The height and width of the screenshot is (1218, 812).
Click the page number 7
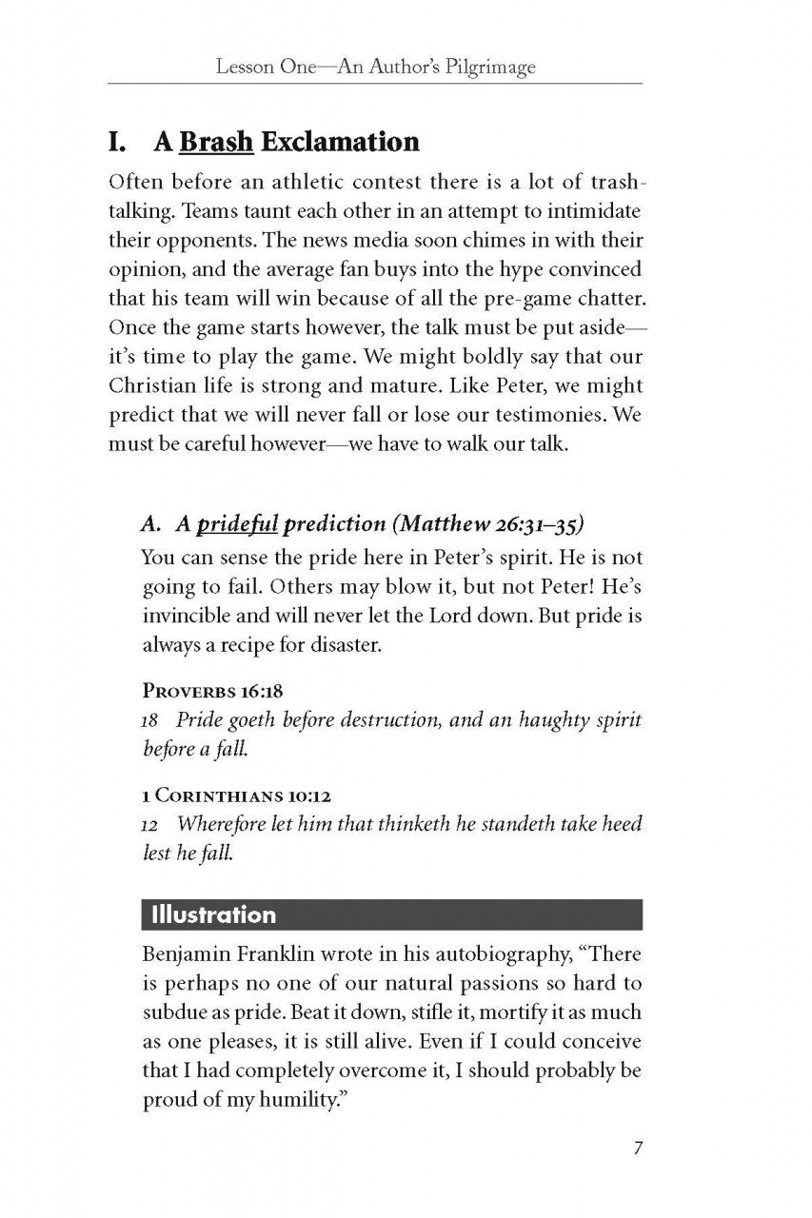(x=638, y=1147)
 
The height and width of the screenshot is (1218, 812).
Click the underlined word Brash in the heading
(x=216, y=142)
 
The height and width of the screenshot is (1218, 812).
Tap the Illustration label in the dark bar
(x=208, y=914)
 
